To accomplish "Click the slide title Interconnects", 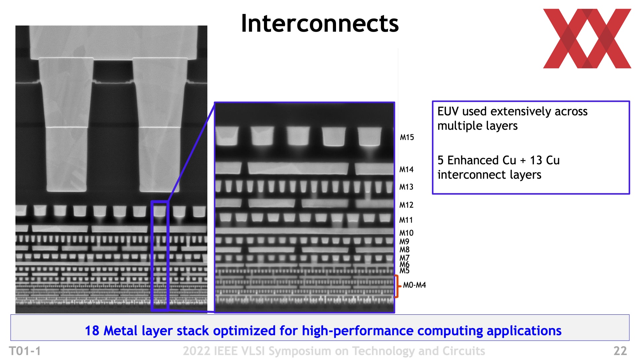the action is click(x=320, y=23).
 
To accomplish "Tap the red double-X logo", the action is click(x=587, y=39).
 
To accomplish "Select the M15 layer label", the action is click(x=407, y=137).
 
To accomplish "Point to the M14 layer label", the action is click(x=406, y=170).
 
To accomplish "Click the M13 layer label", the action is click(x=406, y=187).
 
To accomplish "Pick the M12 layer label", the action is click(x=406, y=205).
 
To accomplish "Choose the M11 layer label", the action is click(x=406, y=220).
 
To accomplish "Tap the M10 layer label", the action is click(x=406, y=233).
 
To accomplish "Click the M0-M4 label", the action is click(x=414, y=285).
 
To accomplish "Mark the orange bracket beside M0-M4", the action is click(x=396, y=286).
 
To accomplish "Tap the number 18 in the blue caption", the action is click(x=92, y=331).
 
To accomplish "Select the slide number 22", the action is click(x=620, y=351).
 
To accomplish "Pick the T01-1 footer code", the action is click(x=25, y=351).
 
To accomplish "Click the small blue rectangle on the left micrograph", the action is click(x=152, y=256).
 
